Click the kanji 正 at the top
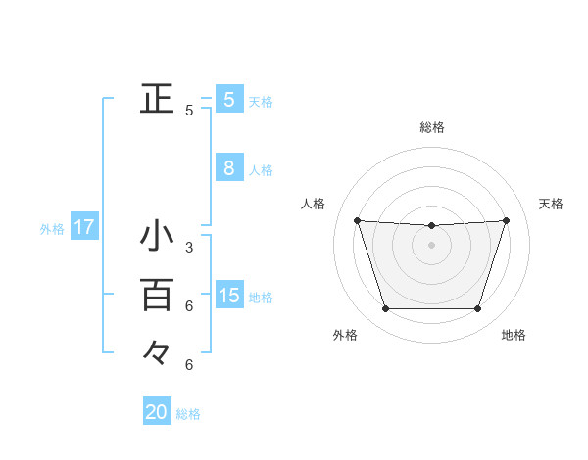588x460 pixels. pyautogui.click(x=157, y=98)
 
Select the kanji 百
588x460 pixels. pyautogui.click(x=157, y=294)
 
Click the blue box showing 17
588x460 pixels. pyautogui.click(x=83, y=228)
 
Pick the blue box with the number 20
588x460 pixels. pyautogui.click(x=157, y=412)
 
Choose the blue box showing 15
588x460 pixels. pyautogui.click(x=228, y=296)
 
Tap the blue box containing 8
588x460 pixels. pyautogui.click(x=228, y=168)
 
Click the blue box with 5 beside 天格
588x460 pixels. pyautogui.click(x=228, y=99)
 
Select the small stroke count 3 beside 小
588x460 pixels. pyautogui.click(x=189, y=248)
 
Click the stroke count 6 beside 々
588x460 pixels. pyautogui.click(x=189, y=365)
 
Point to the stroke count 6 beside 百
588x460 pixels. pyautogui.click(x=189, y=306)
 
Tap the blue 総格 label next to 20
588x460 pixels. pyautogui.click(x=188, y=414)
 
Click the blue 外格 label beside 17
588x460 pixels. pyautogui.click(x=52, y=230)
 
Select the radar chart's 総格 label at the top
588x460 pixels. pyautogui.click(x=432, y=127)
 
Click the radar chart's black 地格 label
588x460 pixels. pyautogui.click(x=514, y=335)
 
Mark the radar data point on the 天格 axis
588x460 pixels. pyautogui.click(x=506, y=220)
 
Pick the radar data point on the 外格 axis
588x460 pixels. pyautogui.click(x=385, y=309)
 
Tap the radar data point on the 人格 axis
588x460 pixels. pyautogui.click(x=357, y=220)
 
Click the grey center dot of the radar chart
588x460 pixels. pyautogui.click(x=431, y=245)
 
